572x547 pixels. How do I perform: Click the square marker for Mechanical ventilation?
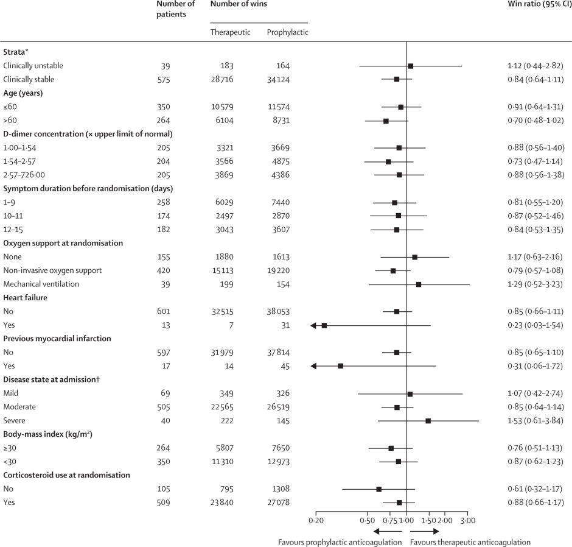pos(418,284)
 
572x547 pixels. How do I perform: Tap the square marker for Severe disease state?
pos(428,421)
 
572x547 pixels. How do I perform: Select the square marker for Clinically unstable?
pos(410,66)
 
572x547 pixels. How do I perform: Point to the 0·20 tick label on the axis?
pos(316,519)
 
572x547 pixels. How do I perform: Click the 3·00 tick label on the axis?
pos(467,519)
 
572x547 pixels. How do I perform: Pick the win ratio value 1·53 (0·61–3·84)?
pos(531,421)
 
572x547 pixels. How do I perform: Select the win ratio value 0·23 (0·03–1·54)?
pos(531,325)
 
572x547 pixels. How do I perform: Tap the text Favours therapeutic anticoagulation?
pos(470,542)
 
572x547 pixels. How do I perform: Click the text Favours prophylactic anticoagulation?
pos(340,542)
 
